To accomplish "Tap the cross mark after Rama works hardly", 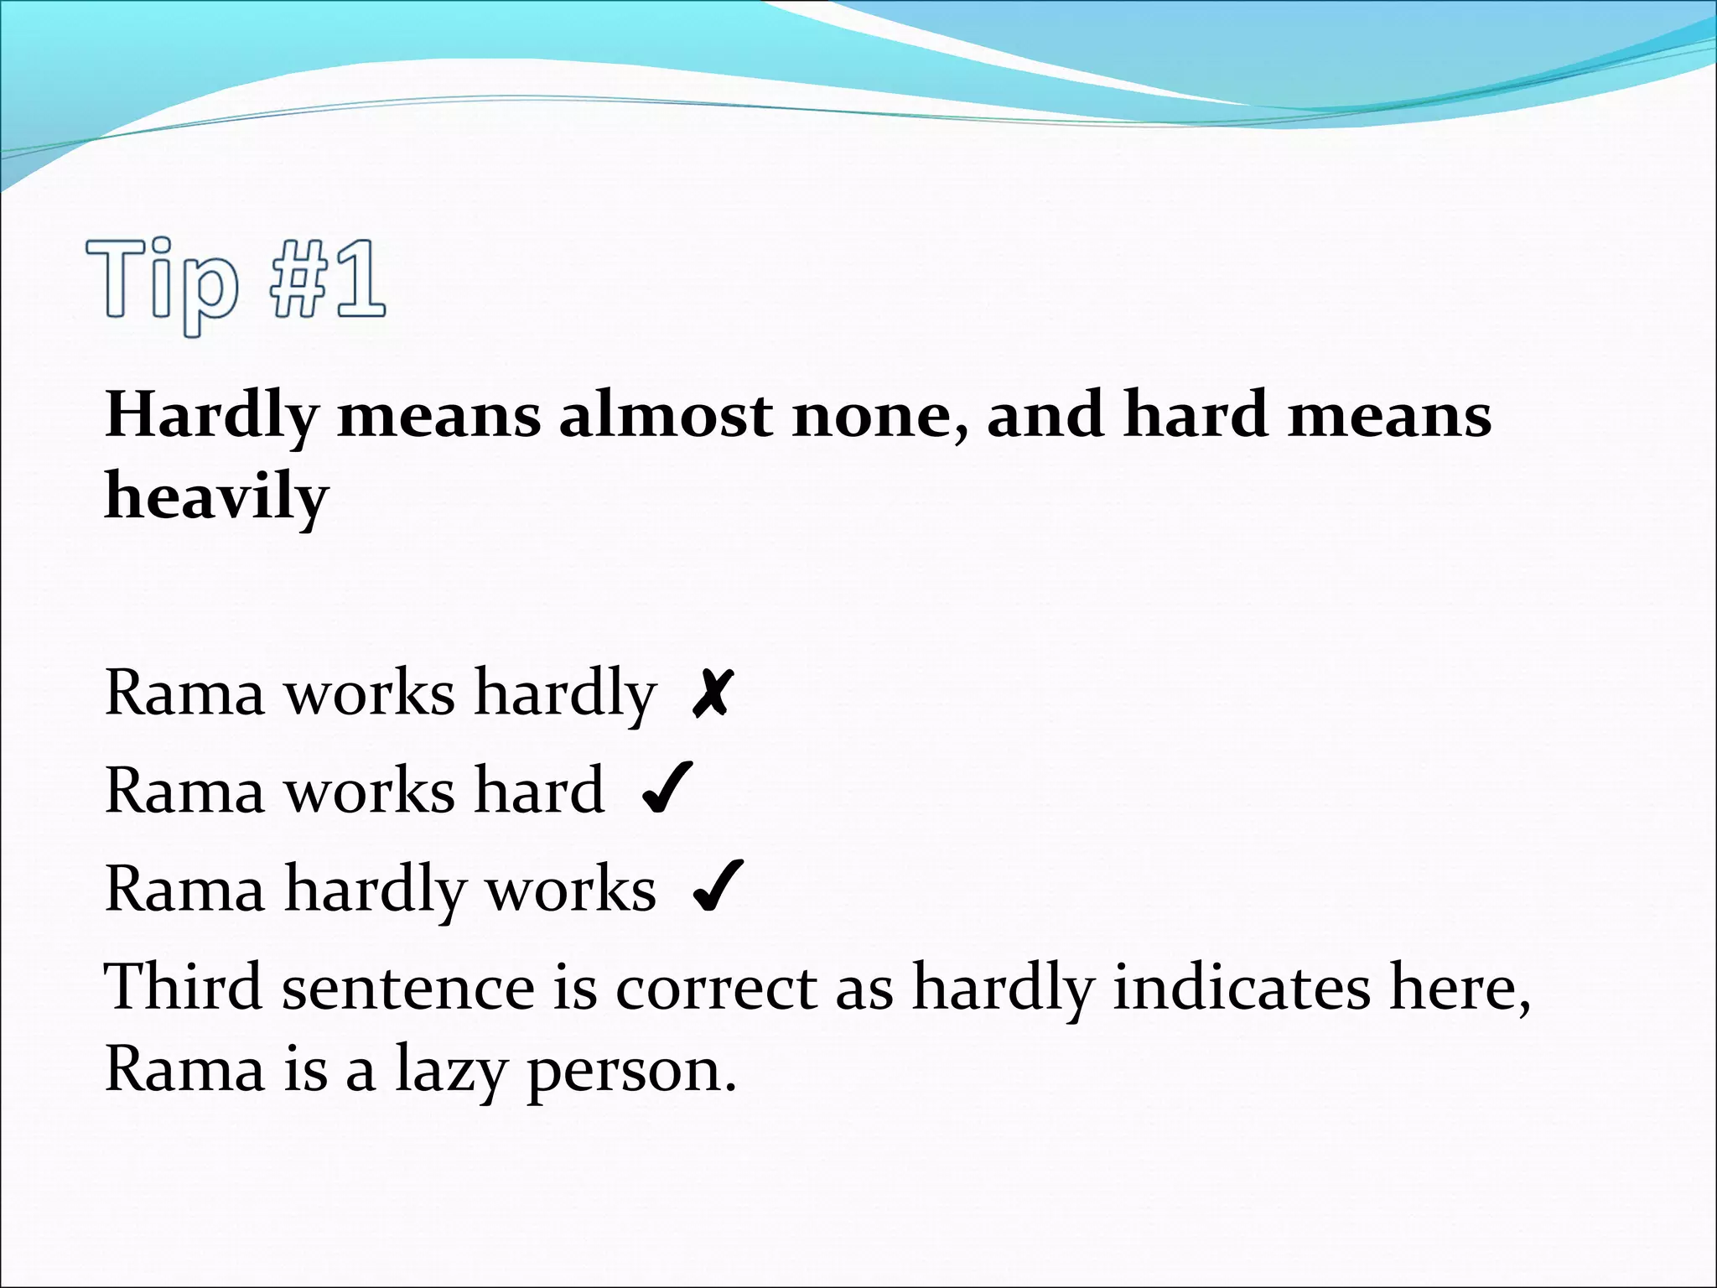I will (x=713, y=694).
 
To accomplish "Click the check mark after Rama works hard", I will (x=667, y=789).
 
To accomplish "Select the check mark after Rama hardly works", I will (x=718, y=887).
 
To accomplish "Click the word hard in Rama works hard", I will (x=539, y=790).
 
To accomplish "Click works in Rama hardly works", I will (x=572, y=889).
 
